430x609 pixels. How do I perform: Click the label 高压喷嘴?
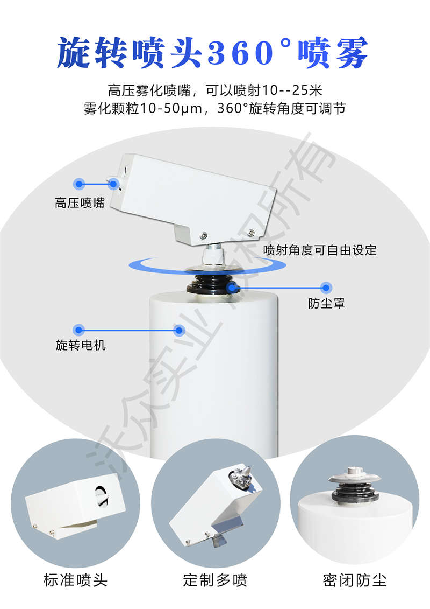pos(80,204)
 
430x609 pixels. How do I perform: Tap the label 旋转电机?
pos(81,345)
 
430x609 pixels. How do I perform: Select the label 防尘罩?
pos(326,303)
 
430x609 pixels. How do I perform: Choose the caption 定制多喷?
pos(215,580)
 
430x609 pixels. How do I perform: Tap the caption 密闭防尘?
pos(354,580)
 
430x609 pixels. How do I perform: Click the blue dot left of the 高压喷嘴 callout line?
pos(80,184)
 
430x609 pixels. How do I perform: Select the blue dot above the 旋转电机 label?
pos(79,328)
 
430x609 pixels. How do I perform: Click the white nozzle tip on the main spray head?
pos(112,183)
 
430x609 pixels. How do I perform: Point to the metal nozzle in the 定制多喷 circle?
pos(240,479)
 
